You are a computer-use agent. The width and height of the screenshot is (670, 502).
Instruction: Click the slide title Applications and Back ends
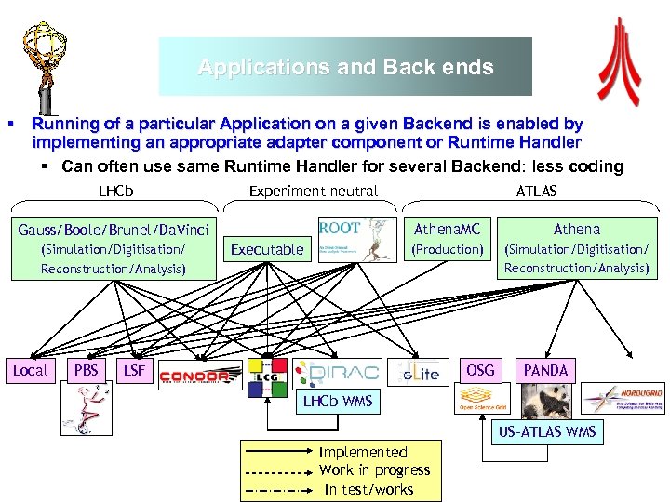[345, 68]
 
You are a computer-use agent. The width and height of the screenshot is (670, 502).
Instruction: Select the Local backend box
[31, 371]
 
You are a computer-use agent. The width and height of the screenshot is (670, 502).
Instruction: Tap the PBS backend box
[86, 371]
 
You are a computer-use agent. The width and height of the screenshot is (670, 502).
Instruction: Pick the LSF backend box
[134, 371]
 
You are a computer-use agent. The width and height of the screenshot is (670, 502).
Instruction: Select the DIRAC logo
[336, 374]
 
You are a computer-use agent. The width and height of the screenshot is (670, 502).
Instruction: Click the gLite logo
[417, 374]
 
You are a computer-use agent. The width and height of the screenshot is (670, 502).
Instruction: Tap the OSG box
[480, 370]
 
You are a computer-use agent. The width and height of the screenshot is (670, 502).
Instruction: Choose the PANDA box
[545, 370]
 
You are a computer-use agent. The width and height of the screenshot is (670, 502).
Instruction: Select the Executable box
[267, 249]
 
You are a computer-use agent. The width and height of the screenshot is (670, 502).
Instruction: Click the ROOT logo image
[352, 241]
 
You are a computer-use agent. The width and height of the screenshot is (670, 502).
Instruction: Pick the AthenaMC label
[448, 229]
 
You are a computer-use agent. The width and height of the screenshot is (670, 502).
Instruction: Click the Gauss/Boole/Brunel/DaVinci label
[114, 229]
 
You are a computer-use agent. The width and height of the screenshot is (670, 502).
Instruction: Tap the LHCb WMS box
[338, 402]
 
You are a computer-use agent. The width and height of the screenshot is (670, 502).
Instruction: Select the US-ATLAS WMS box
[546, 432]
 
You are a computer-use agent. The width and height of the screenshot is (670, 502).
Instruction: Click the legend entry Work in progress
[374, 470]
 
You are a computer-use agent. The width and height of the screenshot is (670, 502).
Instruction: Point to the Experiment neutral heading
[314, 192]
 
